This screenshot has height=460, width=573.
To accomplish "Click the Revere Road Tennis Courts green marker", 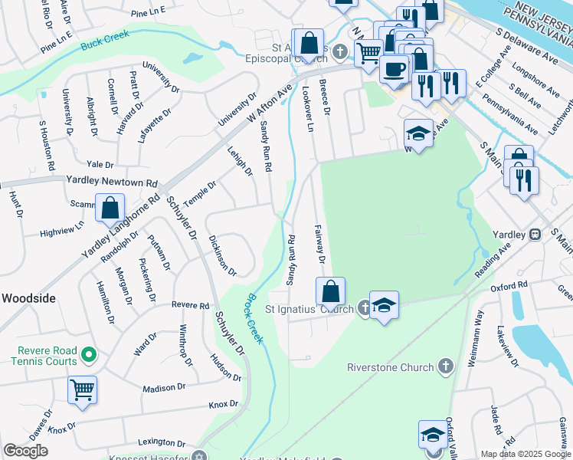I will [x=89, y=355].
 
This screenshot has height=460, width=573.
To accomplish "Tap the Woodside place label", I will [x=28, y=297].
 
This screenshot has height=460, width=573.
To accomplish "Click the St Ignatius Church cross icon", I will [x=365, y=309].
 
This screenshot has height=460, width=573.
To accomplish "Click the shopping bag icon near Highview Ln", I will [x=110, y=206].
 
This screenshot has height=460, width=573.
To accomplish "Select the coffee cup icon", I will [x=394, y=68].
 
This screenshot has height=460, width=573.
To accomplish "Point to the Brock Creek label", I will [x=256, y=315].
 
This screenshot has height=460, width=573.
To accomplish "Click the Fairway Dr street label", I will [x=320, y=245].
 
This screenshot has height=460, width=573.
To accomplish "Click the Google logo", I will [x=25, y=451].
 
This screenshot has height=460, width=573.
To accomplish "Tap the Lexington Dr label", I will [x=162, y=442].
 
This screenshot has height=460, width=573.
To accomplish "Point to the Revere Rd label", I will [x=191, y=305].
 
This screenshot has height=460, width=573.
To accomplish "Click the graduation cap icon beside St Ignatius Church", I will [x=384, y=305].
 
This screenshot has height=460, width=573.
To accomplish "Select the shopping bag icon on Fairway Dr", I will [x=330, y=291].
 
